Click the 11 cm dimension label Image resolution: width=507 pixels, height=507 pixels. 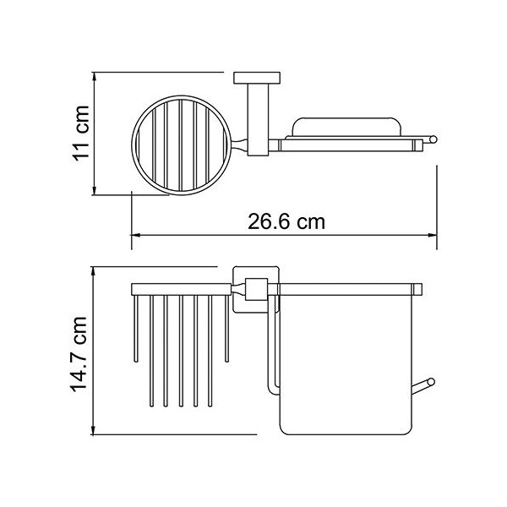coord(80,134)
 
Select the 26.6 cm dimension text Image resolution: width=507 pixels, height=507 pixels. coord(286,222)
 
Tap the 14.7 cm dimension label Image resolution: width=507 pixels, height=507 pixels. coord(79,354)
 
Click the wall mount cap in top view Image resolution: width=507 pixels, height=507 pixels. coord(257,78)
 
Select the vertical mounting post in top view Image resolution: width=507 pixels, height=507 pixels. coord(258,120)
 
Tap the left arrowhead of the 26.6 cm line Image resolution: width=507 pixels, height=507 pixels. coord(135,235)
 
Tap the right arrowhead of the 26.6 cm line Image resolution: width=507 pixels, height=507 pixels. coord(433,235)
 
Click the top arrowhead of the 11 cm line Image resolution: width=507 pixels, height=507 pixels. coord(94,77)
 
